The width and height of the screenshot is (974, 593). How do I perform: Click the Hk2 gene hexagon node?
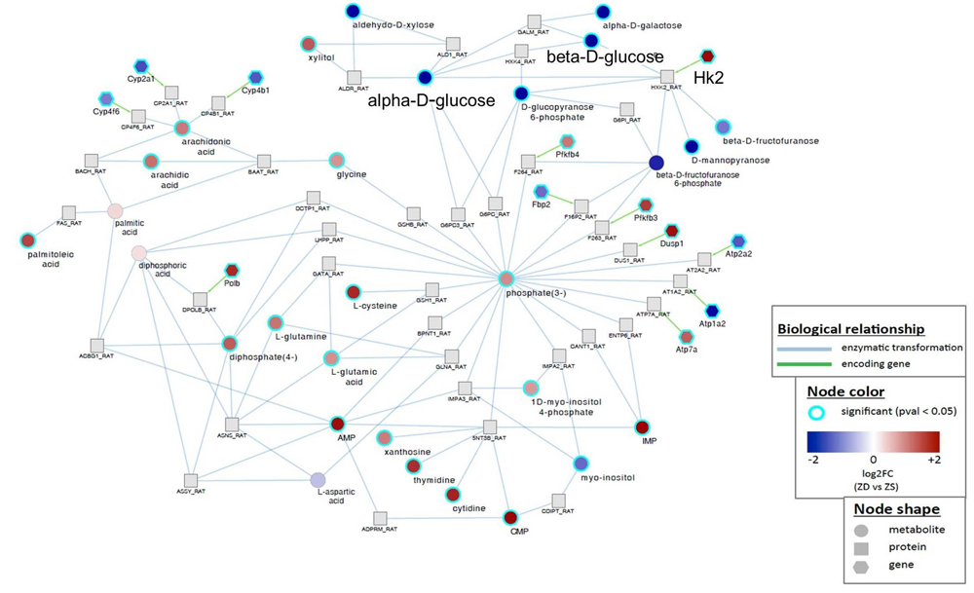[708, 56]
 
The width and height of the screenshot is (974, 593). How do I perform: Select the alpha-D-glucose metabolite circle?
[424, 77]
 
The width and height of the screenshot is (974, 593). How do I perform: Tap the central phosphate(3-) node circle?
[506, 279]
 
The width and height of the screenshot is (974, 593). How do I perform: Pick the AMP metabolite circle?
[338, 424]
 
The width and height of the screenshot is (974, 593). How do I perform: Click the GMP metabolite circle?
[509, 517]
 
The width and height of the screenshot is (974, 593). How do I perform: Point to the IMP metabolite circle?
[641, 426]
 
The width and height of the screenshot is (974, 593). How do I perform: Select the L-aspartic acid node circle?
[317, 479]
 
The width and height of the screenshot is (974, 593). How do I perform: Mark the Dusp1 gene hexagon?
[670, 231]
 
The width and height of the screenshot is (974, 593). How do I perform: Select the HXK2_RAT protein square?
[667, 76]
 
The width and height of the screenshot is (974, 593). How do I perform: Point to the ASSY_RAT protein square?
[191, 480]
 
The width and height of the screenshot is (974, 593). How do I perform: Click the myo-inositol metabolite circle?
[581, 463]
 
